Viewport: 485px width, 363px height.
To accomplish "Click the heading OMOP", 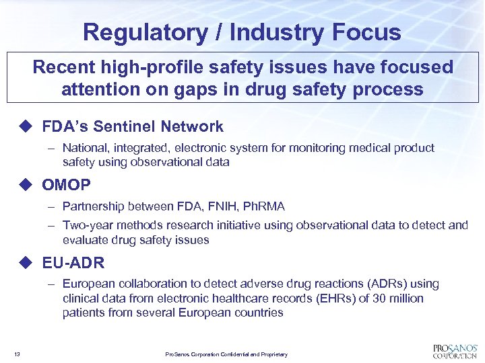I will click(x=66, y=184).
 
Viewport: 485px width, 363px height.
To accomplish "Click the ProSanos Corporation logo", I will click(x=455, y=351).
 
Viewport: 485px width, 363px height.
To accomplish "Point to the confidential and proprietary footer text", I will click(x=226, y=354).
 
